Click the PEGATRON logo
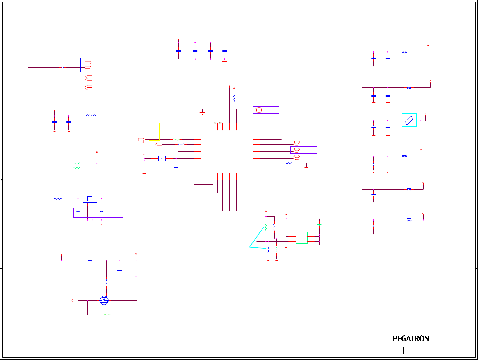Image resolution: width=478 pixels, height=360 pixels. point(411,338)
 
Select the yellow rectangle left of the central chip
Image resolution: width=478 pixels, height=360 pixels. point(154,131)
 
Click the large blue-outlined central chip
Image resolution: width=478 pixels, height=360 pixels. point(227,151)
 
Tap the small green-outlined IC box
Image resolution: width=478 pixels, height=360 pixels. point(301,238)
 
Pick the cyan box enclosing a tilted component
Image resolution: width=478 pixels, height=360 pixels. point(409,120)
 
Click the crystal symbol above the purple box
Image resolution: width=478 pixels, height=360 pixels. point(90,199)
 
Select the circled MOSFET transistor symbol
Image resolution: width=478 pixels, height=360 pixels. point(104,300)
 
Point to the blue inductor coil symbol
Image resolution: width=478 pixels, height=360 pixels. point(91,115)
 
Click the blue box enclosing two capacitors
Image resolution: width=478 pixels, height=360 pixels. point(64,65)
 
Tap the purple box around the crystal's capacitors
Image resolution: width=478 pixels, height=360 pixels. point(98,213)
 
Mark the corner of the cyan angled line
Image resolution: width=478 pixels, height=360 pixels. point(250,247)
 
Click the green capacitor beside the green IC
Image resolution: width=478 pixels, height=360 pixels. point(319,225)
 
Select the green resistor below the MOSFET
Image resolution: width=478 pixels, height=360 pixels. point(108,315)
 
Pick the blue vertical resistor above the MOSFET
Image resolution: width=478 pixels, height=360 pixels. point(106,283)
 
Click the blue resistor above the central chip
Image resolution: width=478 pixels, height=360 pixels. point(234,98)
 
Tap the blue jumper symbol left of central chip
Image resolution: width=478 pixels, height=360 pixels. point(162,159)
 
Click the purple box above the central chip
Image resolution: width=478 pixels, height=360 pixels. point(266,110)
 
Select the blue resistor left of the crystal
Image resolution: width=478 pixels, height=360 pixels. point(58,199)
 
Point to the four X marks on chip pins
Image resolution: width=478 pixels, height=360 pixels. point(219,123)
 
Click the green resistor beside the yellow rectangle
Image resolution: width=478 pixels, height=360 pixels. point(176,140)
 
